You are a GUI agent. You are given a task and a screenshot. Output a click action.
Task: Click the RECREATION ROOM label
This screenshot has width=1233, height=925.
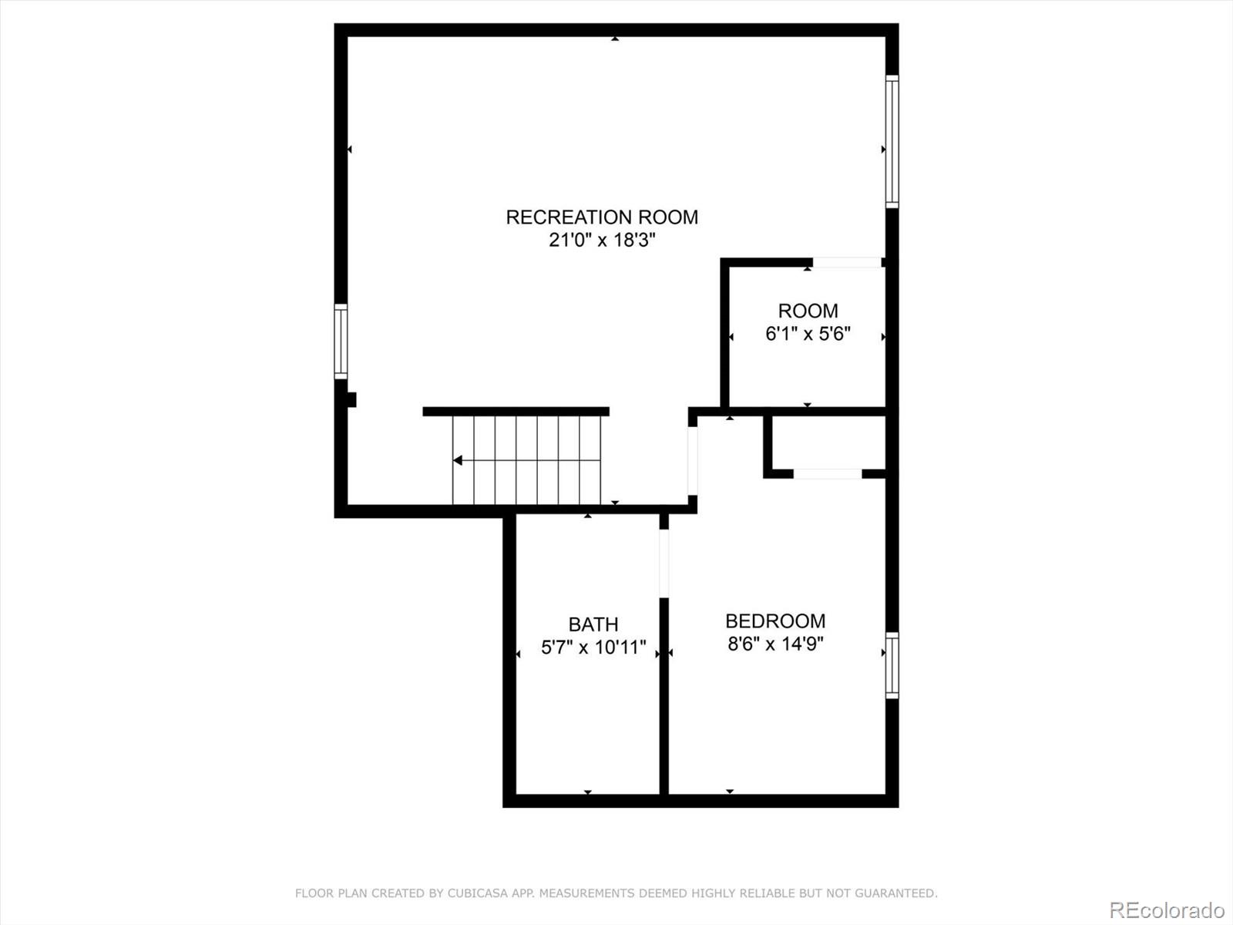click(x=602, y=217)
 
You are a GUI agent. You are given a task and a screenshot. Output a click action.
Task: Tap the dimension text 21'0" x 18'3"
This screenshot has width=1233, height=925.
click(x=602, y=240)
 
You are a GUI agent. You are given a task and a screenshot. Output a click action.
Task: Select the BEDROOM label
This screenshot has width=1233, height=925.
click(x=775, y=621)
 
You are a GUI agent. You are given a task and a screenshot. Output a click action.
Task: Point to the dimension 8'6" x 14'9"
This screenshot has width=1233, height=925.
click(x=775, y=644)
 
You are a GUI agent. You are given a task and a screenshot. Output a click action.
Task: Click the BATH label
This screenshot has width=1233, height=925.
click(x=593, y=624)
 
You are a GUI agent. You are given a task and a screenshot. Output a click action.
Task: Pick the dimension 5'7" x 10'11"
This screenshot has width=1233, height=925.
click(x=593, y=647)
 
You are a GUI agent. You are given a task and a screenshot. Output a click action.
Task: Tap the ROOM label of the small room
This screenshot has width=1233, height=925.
click(x=808, y=311)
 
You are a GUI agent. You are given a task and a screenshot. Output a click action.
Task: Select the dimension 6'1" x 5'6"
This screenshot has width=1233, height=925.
click(x=808, y=335)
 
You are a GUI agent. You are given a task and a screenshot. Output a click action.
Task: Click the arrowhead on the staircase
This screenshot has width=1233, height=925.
click(x=458, y=460)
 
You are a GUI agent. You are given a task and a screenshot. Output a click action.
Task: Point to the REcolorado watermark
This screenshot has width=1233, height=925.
click(x=1167, y=910)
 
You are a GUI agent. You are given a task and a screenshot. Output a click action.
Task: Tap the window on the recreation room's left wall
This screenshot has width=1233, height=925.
click(x=341, y=341)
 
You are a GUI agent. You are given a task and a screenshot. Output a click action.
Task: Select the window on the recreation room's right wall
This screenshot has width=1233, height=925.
click(x=892, y=142)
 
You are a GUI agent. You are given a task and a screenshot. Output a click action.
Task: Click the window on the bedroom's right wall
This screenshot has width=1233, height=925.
click(x=892, y=665)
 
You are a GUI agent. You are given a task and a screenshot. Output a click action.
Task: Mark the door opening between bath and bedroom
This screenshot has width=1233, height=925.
click(x=664, y=563)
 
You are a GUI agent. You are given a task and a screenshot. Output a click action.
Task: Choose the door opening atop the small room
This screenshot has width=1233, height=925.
click(x=847, y=262)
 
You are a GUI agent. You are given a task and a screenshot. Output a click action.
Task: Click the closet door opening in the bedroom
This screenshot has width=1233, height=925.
click(x=828, y=474)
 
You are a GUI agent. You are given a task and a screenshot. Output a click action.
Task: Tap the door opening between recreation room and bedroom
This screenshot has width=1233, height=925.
click(x=693, y=461)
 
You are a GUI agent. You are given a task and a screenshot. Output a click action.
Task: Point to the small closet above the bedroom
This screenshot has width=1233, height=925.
click(x=829, y=442)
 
